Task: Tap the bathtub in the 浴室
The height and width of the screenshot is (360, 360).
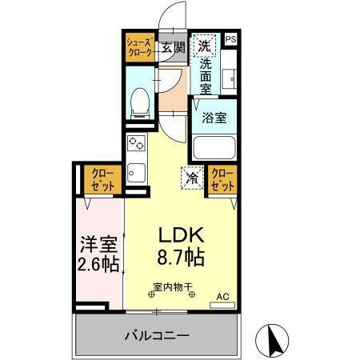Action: click(214, 146)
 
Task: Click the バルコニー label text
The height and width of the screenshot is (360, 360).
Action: click(156, 334)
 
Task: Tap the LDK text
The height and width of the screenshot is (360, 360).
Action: click(180, 236)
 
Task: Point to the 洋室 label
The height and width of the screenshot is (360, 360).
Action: click(100, 242)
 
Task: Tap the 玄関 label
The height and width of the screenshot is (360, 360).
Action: click(173, 46)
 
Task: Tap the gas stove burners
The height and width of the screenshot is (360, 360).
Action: click(135, 145)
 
